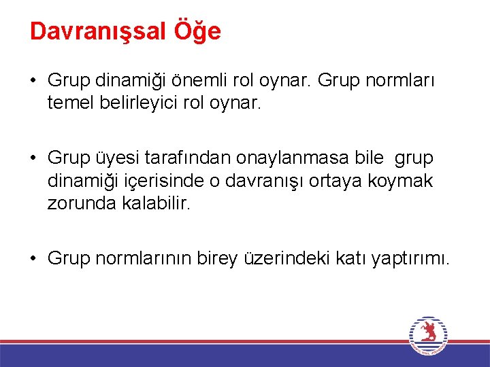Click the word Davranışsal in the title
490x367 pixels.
96,32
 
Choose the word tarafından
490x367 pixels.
183,158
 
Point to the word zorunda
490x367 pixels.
77,202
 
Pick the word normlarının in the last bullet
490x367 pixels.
143,258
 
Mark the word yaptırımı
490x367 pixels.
410,258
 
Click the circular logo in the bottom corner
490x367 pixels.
428,336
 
